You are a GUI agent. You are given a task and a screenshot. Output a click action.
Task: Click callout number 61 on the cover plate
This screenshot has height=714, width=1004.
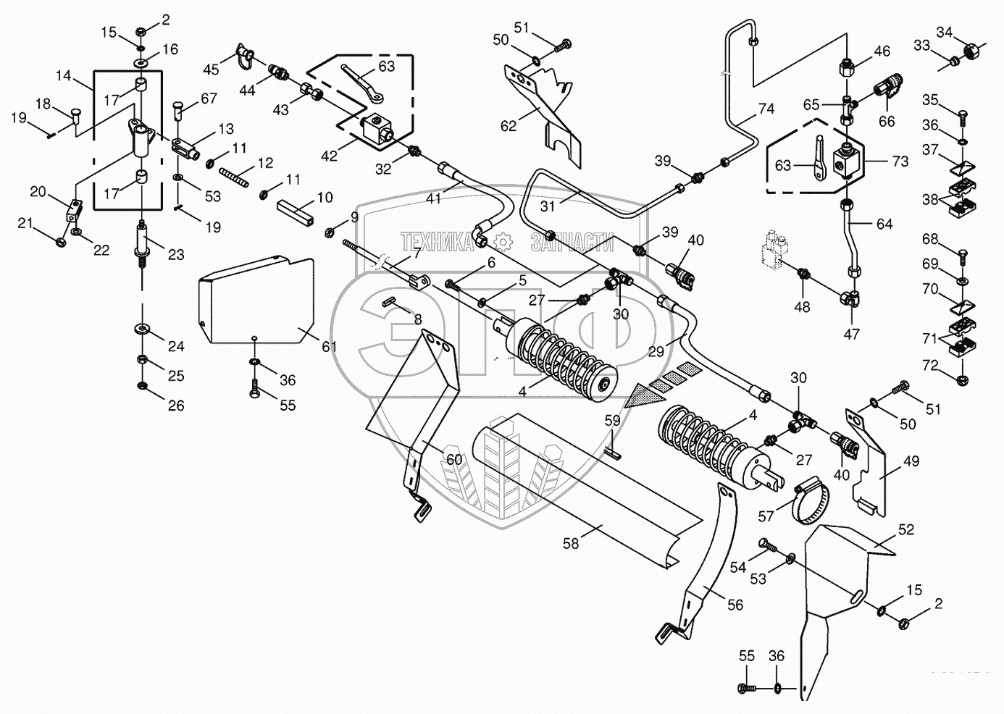tap(330, 347)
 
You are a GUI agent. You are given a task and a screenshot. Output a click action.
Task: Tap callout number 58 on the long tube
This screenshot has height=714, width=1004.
tap(571, 543)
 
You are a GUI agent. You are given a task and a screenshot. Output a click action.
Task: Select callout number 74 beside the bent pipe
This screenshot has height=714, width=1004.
tap(766, 109)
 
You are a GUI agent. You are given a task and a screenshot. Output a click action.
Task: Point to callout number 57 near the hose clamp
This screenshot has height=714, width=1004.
tap(766, 516)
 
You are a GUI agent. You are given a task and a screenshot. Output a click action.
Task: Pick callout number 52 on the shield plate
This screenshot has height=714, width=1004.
tap(906, 529)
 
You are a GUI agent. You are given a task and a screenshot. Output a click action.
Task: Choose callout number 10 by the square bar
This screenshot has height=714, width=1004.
tap(325, 197)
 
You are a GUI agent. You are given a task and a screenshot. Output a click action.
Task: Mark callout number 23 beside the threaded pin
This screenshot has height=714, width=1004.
tap(176, 254)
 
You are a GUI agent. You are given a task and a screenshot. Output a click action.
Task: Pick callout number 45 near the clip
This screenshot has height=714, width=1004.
tap(211, 70)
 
